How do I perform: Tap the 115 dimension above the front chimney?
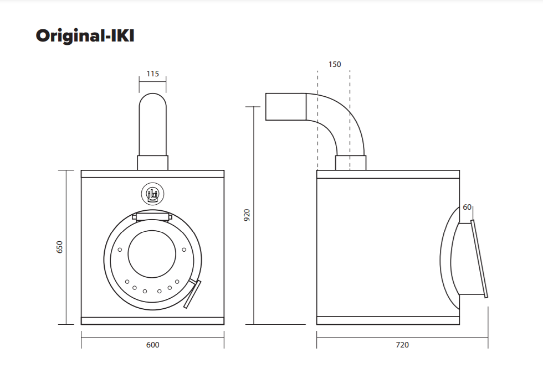[152, 74]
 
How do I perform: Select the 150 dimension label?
[335, 64]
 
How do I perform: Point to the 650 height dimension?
[60, 247]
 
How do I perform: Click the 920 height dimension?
[247, 215]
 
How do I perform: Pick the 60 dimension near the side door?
[467, 207]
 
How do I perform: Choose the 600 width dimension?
[152, 345]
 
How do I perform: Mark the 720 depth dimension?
[402, 345]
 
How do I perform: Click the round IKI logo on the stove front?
[152, 193]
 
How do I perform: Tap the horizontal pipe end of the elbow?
[285, 106]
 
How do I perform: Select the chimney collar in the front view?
[152, 163]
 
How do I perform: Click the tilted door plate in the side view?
[479, 259]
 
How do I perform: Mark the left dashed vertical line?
[317, 122]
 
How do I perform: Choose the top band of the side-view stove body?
[388, 174]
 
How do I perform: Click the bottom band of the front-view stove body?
[152, 320]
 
